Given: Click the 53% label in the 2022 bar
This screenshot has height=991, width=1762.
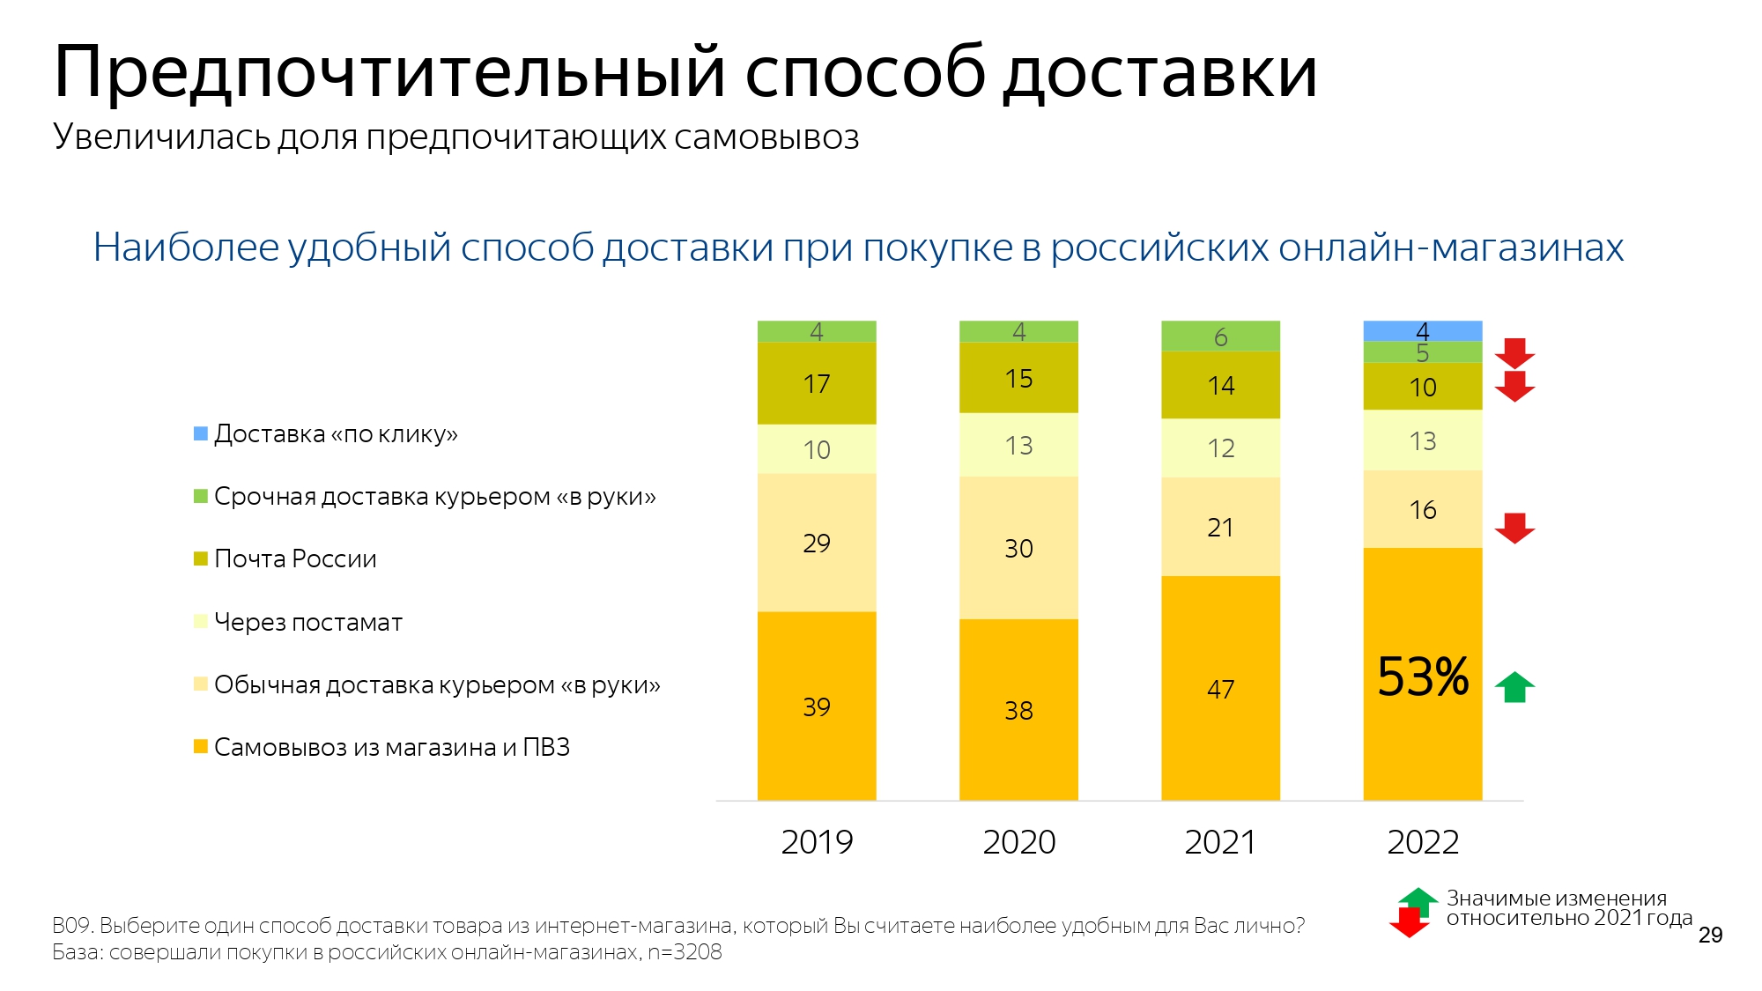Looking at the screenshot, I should click(1423, 677).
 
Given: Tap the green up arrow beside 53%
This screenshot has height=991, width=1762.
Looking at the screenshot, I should click(1514, 687).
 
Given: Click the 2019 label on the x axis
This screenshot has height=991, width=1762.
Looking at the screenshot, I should click(817, 842).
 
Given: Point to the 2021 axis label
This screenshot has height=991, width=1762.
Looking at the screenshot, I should click(1220, 842).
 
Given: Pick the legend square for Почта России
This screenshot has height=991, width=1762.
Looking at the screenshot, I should click(201, 558).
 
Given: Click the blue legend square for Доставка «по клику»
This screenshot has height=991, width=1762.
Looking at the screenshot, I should click(201, 433).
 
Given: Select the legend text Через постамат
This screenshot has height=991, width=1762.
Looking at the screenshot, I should click(307, 622).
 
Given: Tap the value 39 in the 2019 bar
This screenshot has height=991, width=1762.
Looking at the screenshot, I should click(817, 706).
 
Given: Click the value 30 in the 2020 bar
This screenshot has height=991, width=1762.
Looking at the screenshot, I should click(1018, 548).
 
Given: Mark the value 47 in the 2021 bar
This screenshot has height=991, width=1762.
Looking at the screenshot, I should click(1220, 689).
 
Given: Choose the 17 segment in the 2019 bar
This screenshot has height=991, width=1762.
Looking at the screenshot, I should click(817, 383).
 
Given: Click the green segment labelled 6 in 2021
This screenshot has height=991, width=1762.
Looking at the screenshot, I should click(1220, 336).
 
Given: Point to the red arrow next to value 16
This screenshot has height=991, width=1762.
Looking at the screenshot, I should click(1514, 529).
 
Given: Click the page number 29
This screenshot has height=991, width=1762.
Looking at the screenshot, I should click(1710, 935).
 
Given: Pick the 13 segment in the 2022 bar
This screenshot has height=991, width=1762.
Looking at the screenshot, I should click(1423, 440).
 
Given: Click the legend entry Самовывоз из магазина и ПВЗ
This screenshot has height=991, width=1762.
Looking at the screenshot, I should click(391, 747).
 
